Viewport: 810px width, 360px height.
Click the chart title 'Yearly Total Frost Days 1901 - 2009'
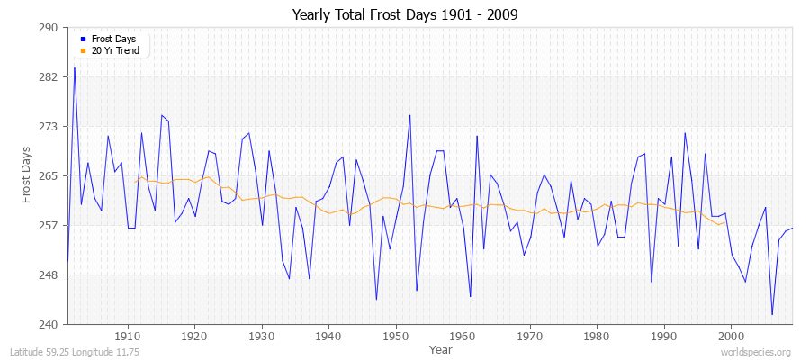tap(405, 15)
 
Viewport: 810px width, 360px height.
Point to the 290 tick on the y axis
tap(49, 28)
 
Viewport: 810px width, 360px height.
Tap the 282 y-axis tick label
tap(49, 77)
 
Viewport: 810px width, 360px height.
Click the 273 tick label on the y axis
tap(49, 127)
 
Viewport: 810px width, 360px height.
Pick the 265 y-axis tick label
tap(49, 176)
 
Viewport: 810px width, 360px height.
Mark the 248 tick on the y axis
tap(49, 274)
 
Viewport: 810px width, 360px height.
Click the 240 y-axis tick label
tap(49, 324)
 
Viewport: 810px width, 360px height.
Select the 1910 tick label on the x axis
tap(128, 336)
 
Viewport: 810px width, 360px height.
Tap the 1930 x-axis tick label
tap(262, 336)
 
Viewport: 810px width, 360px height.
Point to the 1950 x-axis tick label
tap(396, 336)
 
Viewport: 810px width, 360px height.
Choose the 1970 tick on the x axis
tap(530, 336)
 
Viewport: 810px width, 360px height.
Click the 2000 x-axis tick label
tap(731, 336)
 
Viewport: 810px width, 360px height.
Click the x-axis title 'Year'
tap(441, 348)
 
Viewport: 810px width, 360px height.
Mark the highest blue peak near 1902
tap(75, 67)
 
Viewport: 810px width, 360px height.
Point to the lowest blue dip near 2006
tap(772, 314)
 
